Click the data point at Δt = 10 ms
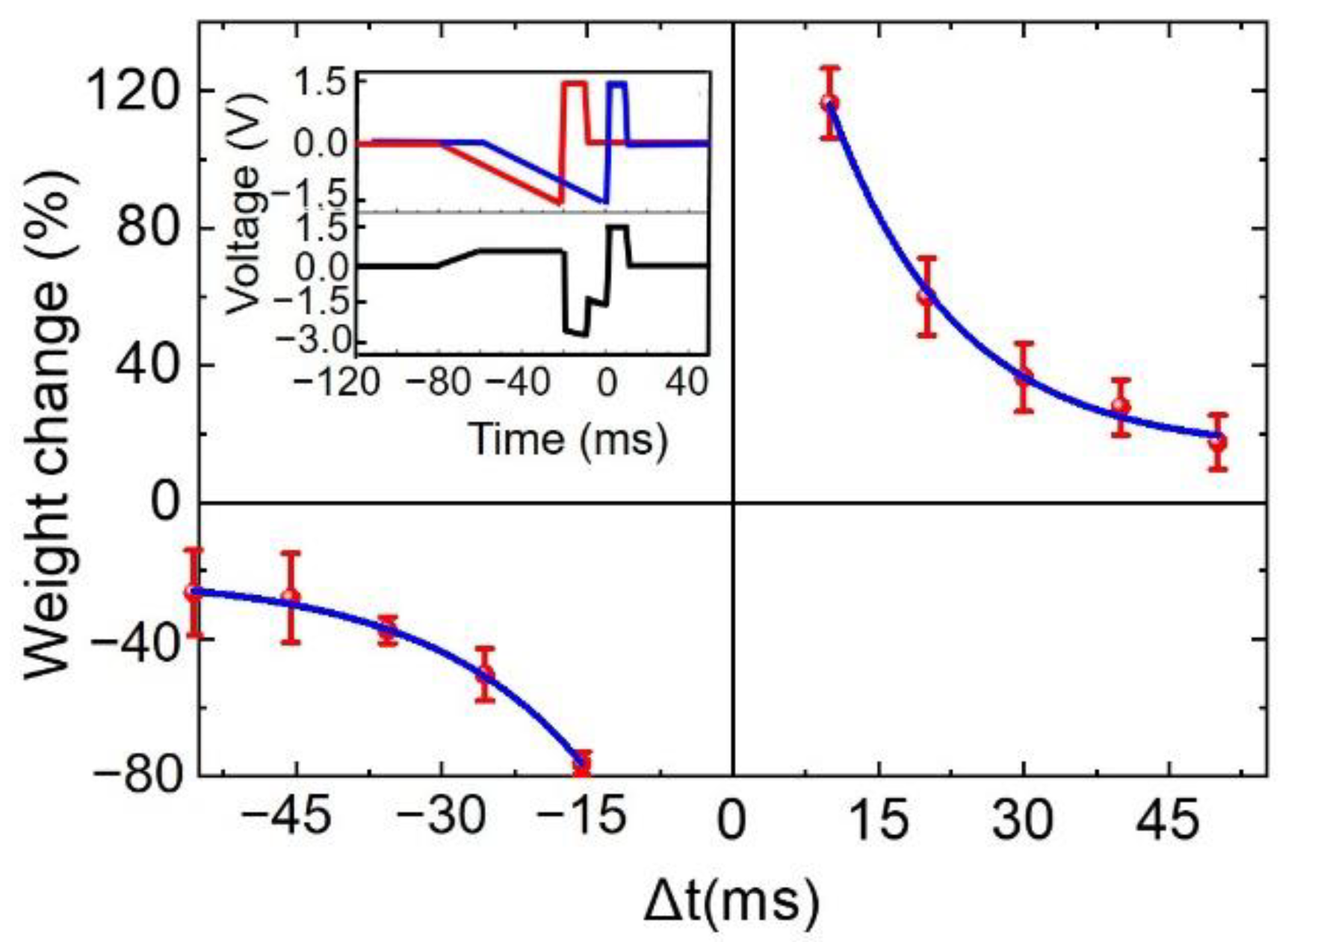click(829, 103)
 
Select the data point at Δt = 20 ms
click(927, 296)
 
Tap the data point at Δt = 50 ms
click(1218, 441)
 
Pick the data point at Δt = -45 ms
click(291, 597)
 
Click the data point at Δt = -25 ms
click(486, 674)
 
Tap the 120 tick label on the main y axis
click(134, 90)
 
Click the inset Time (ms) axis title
click(568, 439)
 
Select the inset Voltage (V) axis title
click(244, 205)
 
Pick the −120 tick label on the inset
click(336, 382)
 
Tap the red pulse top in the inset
click(575, 84)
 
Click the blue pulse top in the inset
click(617, 84)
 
